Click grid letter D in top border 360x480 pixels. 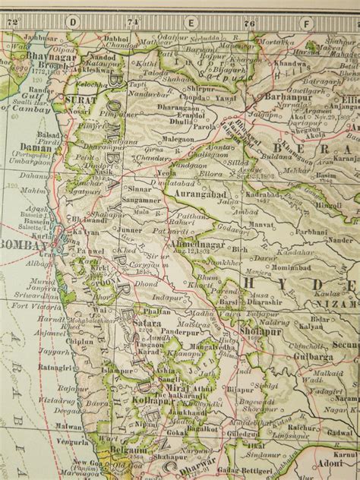pyautogui.click(x=72, y=23)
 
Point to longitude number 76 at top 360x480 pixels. pyautogui.click(x=248, y=23)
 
